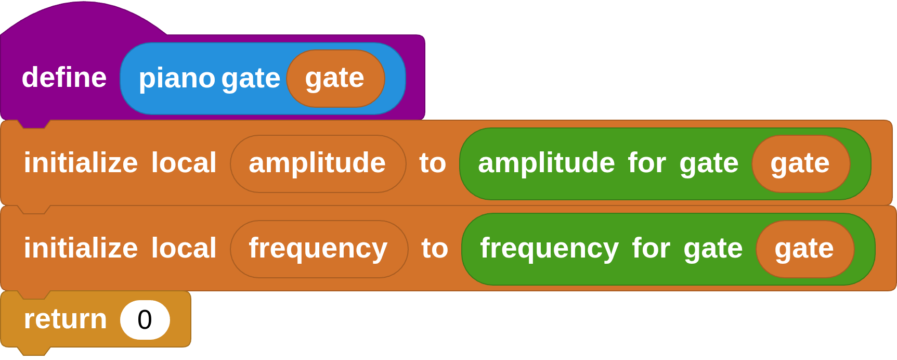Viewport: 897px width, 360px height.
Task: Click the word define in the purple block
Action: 64,78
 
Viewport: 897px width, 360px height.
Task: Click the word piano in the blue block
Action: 177,79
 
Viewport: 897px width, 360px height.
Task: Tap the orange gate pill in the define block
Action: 335,79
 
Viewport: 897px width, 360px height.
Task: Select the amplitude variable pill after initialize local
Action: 317,163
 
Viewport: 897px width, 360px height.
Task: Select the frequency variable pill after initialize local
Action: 318,249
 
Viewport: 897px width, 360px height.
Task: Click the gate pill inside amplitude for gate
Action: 800,163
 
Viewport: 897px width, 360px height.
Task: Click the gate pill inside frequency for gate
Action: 804,249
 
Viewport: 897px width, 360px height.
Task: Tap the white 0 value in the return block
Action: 145,319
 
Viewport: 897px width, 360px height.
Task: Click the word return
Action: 65,319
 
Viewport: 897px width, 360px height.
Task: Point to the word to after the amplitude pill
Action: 433,163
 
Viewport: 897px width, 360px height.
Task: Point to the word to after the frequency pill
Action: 435,249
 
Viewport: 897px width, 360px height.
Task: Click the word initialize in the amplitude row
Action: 81,163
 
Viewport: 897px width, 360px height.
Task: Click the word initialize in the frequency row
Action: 81,249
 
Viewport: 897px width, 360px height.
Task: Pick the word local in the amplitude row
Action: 184,163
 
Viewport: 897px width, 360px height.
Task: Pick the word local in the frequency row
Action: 184,249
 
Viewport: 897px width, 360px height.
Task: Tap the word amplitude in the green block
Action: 546,163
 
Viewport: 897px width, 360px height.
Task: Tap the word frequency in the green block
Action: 549,249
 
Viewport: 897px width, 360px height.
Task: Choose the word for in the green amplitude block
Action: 647,163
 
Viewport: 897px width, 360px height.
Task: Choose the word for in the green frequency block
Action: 651,249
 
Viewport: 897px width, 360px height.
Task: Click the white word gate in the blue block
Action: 251,79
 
